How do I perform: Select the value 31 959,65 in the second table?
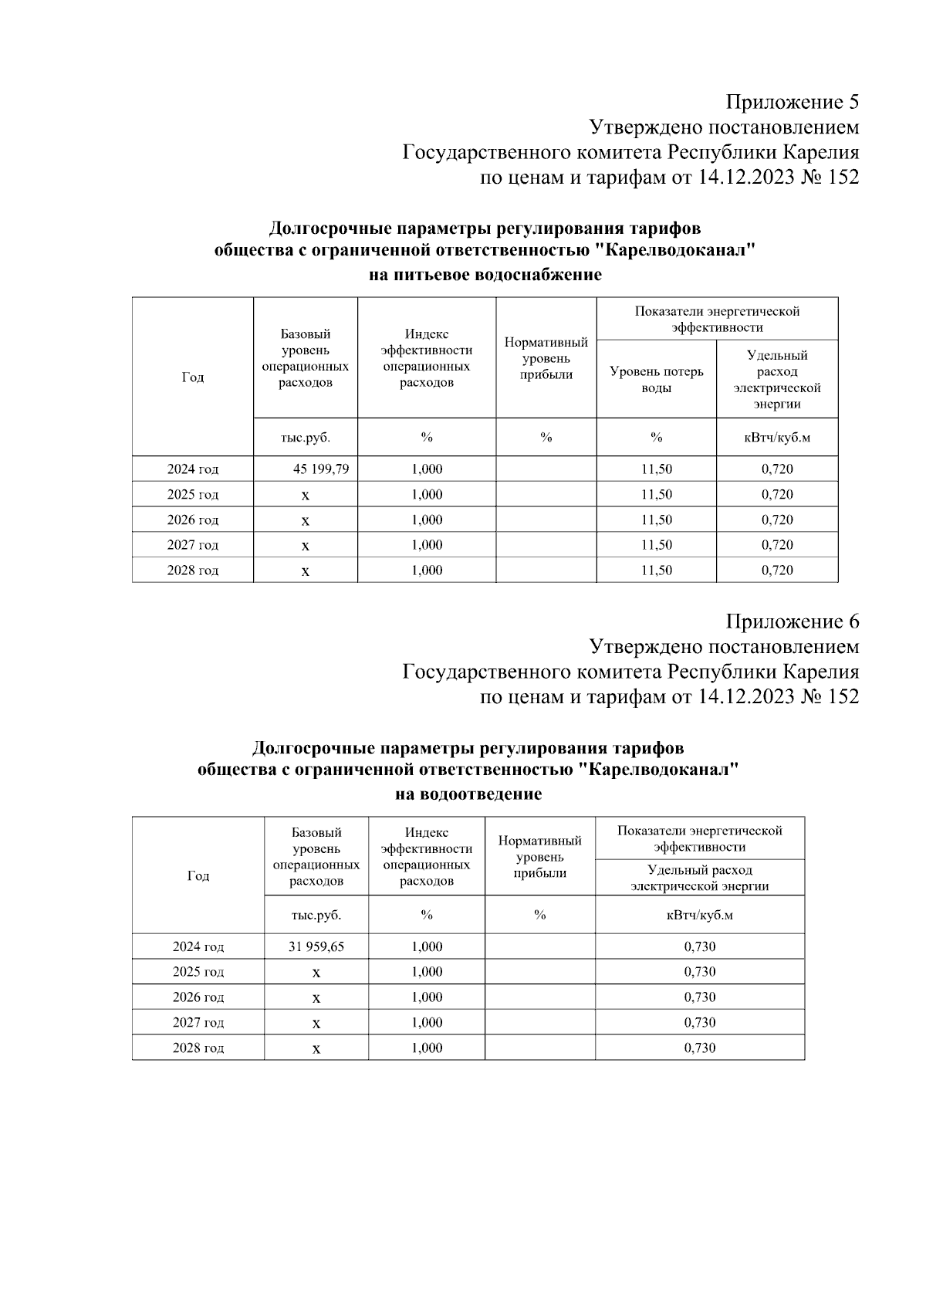coord(316,946)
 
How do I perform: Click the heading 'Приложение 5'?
coord(793,102)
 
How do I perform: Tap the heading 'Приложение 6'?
coord(793,621)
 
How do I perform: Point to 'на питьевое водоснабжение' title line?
coord(485,275)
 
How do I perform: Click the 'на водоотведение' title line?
coord(468,794)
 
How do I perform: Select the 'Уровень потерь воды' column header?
coord(657,379)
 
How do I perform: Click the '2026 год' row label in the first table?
coord(193,520)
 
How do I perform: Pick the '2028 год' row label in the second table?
coord(198,1048)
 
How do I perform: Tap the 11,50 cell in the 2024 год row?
coord(657,469)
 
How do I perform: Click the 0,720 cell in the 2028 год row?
coord(777,570)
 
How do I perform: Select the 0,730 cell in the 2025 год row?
coord(700,972)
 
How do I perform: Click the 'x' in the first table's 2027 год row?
coord(306,546)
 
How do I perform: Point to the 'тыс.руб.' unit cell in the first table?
coord(306,438)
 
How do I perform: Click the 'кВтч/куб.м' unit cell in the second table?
coord(700,915)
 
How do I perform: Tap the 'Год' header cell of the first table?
coord(193,377)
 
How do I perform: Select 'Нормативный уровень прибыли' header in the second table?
coord(540,856)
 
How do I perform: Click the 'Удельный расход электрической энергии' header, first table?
coord(777,379)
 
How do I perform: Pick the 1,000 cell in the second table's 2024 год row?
coord(427,946)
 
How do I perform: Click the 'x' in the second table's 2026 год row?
coord(316,998)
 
